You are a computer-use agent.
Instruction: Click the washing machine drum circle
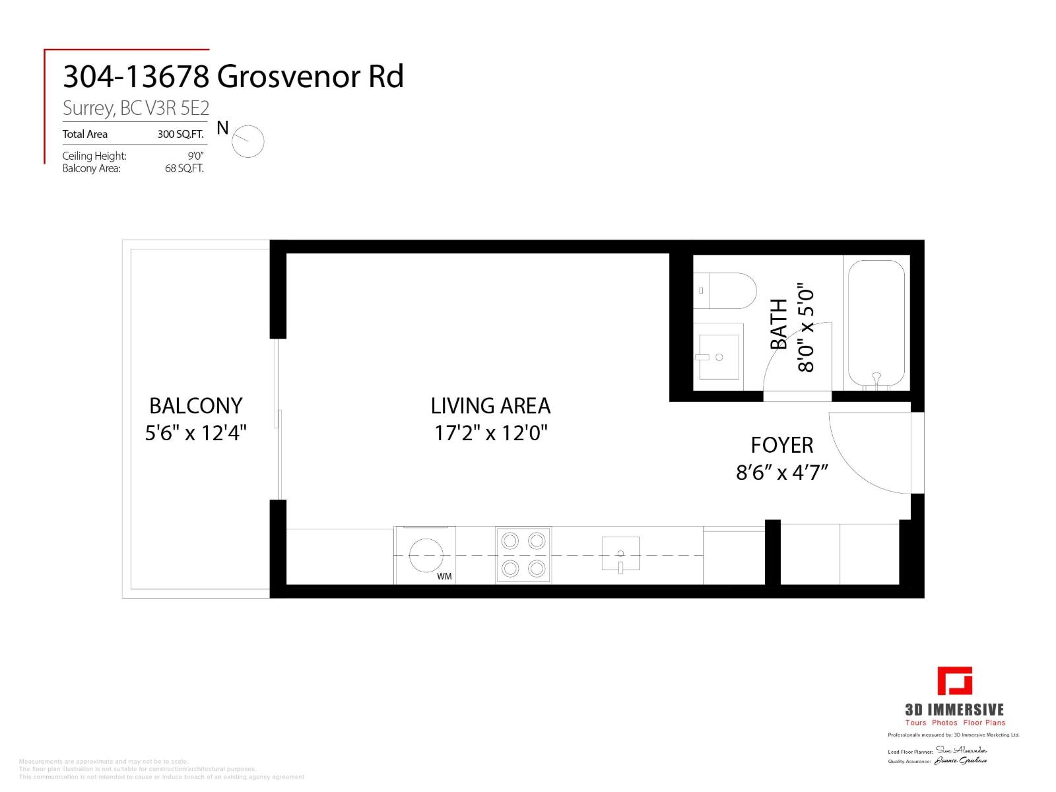[426, 555]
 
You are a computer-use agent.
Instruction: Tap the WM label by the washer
[444, 577]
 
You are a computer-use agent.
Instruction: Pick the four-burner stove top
[523, 555]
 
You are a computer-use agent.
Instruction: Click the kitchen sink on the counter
[620, 554]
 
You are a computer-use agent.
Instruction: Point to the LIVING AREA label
[490, 405]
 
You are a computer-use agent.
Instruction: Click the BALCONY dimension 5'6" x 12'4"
[195, 434]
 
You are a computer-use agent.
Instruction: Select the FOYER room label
[782, 445]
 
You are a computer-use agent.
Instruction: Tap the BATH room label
[779, 324]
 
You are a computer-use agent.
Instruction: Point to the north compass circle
[248, 141]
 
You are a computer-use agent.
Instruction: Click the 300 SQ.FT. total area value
[180, 135]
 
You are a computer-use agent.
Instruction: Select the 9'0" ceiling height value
[195, 156]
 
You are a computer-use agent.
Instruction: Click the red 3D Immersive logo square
[955, 699]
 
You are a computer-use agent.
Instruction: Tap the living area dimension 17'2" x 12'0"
[491, 434]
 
